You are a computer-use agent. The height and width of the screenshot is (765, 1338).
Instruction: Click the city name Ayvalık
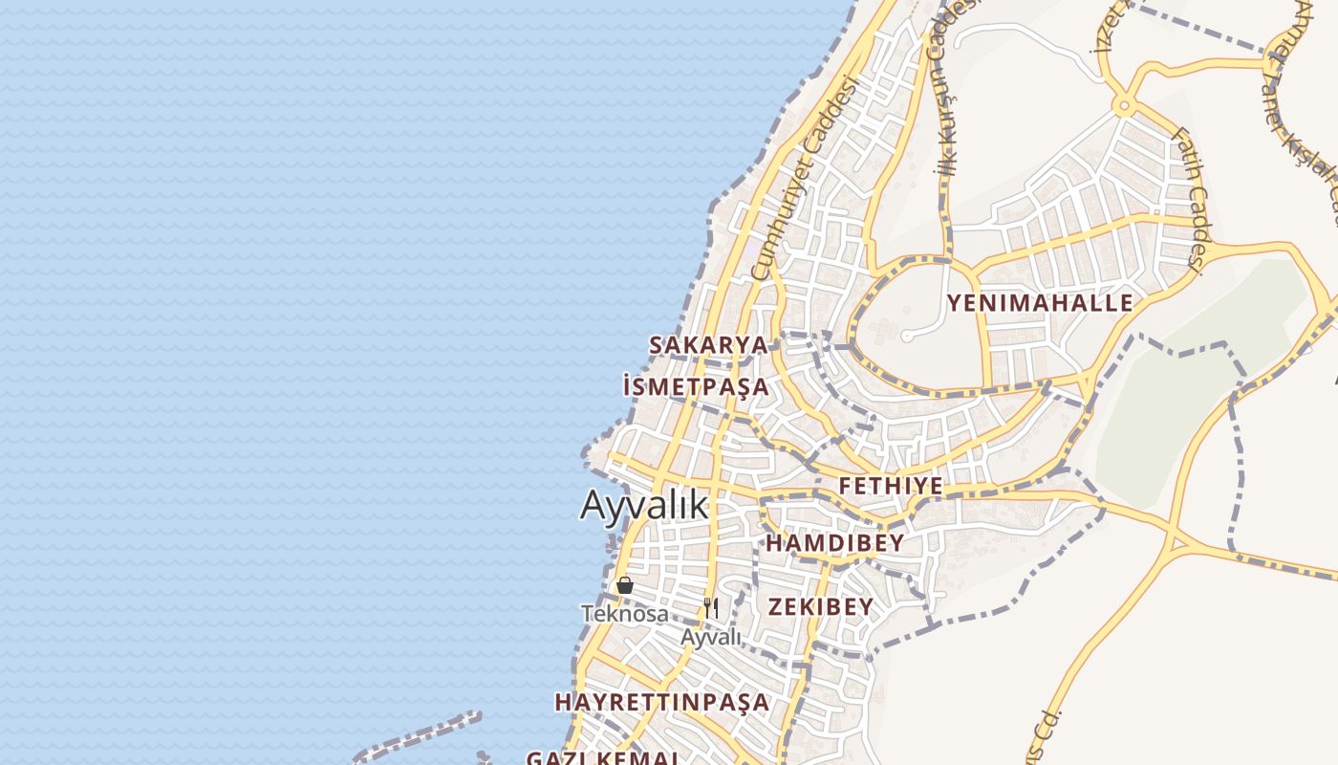click(645, 505)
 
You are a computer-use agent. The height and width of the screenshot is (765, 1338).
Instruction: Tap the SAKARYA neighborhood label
click(708, 345)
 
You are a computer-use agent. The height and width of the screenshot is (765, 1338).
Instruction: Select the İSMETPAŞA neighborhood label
click(695, 387)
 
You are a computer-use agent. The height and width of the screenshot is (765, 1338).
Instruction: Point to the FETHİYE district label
click(891, 486)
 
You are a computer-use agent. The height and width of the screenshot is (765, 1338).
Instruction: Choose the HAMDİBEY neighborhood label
click(834, 543)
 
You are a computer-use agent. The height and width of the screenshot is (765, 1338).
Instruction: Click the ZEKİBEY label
click(821, 606)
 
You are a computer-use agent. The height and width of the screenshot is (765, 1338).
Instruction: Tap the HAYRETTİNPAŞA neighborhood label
click(661, 702)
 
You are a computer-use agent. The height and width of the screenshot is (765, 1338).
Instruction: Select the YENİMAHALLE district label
click(1040, 304)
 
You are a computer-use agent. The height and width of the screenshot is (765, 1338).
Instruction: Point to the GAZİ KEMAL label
click(602, 757)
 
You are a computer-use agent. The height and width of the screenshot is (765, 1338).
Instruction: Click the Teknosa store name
click(625, 614)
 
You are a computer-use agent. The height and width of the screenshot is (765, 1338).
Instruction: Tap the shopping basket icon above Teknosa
click(625, 585)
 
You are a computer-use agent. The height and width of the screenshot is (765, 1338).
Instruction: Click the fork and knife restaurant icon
click(711, 607)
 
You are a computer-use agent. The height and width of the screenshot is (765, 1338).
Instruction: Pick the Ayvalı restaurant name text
click(711, 637)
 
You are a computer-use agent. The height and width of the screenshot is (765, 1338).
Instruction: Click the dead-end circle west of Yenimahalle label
click(906, 336)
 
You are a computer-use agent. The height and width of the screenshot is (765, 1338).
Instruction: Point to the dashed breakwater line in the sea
click(421, 736)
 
